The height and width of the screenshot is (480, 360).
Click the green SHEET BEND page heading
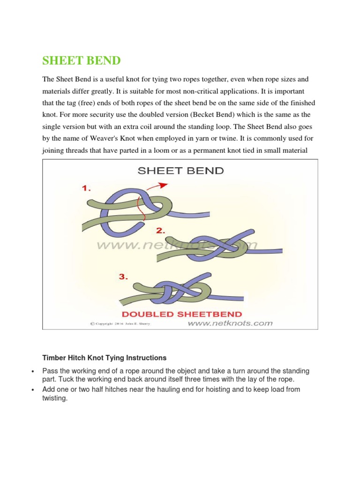tap(82, 60)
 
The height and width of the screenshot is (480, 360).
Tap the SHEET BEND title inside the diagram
tap(180, 171)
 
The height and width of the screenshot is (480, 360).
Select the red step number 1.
tap(87, 188)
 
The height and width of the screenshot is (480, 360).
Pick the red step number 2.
tap(161, 230)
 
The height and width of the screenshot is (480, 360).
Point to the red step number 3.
tap(124, 277)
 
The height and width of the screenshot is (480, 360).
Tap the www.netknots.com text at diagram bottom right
tap(230, 323)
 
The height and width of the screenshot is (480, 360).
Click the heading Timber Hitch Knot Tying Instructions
tap(104, 358)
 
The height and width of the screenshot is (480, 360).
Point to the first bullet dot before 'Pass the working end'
tap(32, 372)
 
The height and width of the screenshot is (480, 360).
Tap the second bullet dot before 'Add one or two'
tap(32, 390)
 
